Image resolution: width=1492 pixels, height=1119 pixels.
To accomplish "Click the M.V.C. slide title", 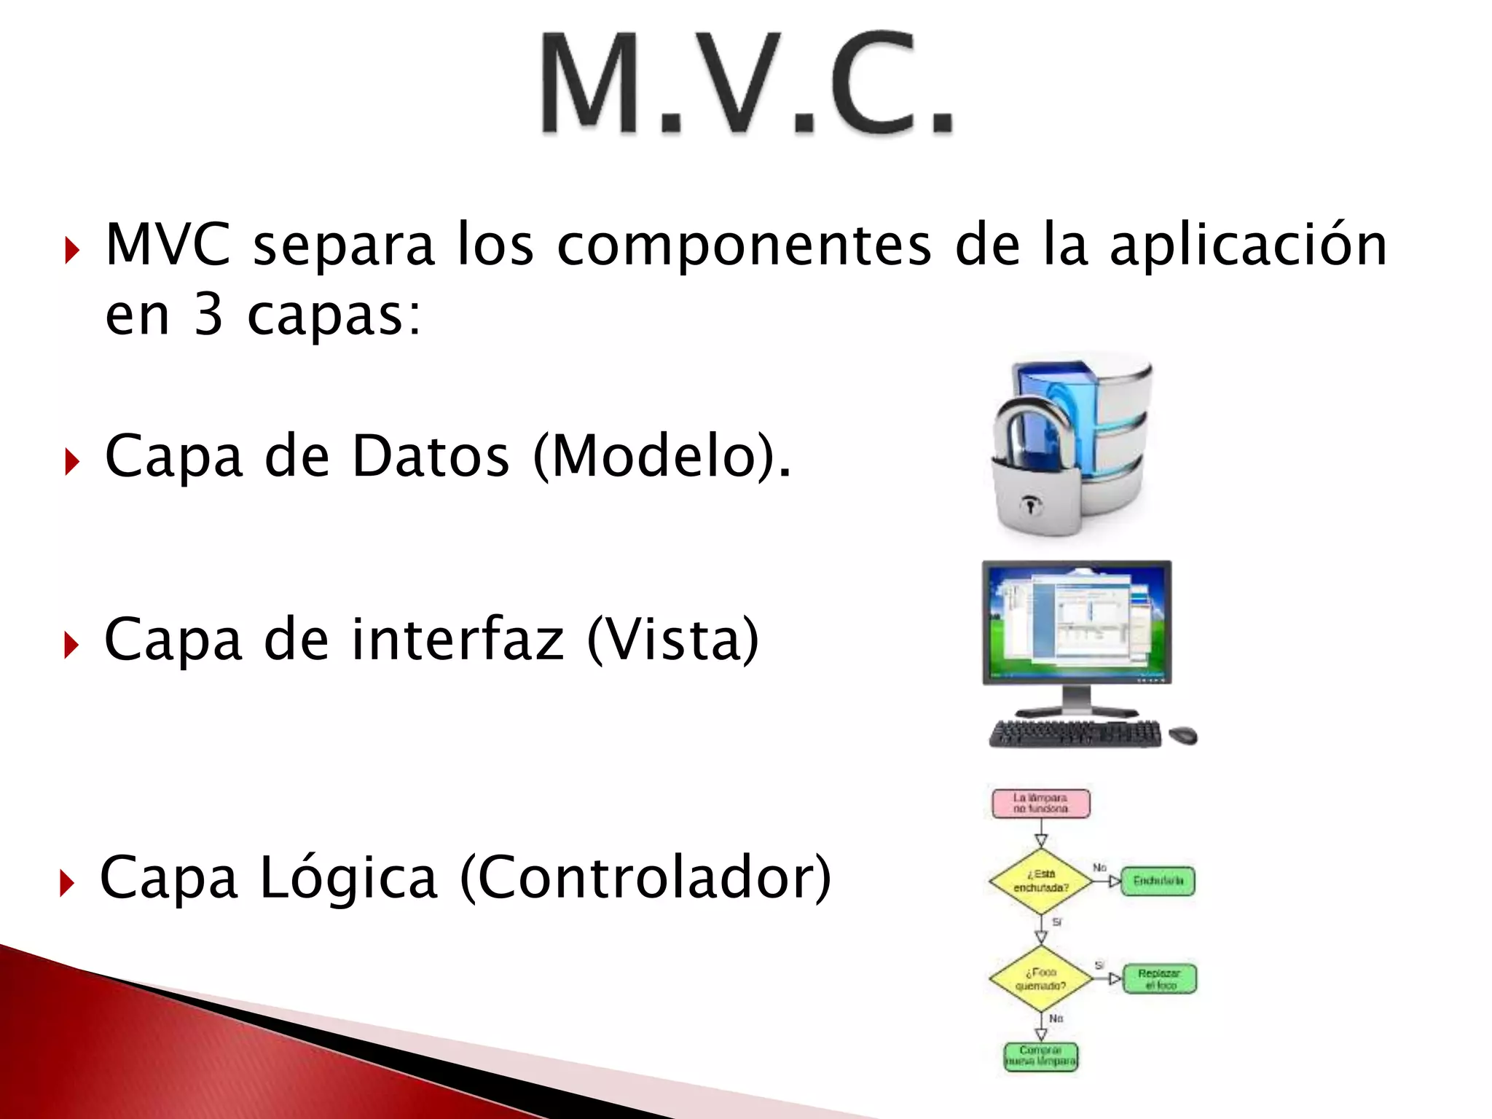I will click(746, 84).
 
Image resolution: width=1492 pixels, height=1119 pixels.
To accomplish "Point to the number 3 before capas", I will click(208, 315).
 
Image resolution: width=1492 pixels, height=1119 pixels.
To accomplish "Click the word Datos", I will click(431, 456).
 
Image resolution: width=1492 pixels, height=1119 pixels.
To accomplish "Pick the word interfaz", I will click(458, 640).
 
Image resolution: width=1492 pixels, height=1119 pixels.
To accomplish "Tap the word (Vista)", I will click(672, 640).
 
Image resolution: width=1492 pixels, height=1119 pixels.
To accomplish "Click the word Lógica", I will click(348, 879).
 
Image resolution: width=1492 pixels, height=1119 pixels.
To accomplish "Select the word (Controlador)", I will click(645, 879).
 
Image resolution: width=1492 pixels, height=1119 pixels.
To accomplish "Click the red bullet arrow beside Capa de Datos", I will click(71, 461).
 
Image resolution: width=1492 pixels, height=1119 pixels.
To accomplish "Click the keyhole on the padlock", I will click(1030, 504).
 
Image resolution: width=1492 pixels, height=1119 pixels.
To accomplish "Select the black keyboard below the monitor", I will click(1075, 734).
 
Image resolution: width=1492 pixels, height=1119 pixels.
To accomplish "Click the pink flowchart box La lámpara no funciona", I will click(1040, 803).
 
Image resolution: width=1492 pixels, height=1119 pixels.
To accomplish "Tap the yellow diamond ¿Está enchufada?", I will click(1040, 881).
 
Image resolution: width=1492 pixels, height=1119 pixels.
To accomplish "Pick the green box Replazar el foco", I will click(1159, 979).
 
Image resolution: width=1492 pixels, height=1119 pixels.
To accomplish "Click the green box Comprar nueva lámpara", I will click(1040, 1056).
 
